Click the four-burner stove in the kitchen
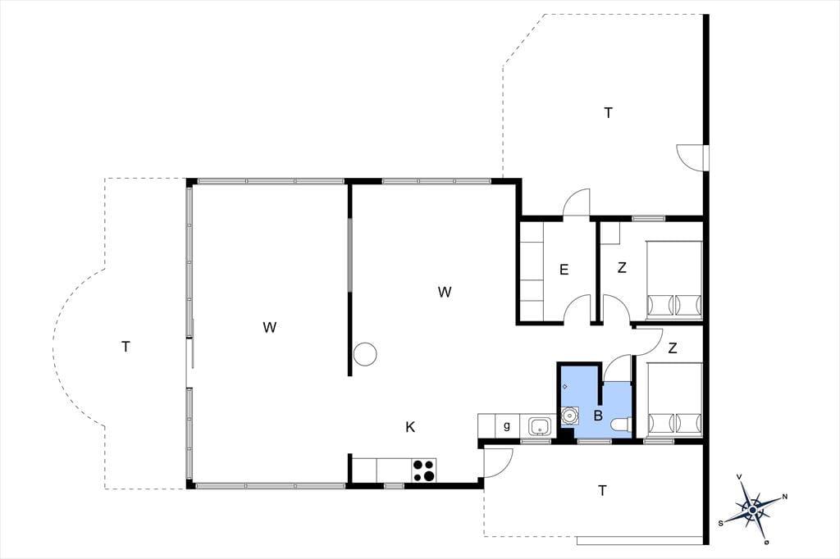[424, 470]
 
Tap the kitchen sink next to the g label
[540, 427]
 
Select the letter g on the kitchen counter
[507, 426]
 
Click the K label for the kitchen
[410, 427]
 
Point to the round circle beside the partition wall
[365, 354]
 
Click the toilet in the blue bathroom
[621, 425]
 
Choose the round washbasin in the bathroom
[569, 416]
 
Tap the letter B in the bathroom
[598, 415]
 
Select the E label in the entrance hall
[564, 270]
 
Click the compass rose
[752, 510]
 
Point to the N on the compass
[785, 497]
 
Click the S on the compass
[721, 523]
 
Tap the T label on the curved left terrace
[126, 347]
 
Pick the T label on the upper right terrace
[608, 113]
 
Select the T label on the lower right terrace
[603, 490]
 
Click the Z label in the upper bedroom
[622, 267]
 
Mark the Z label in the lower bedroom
[673, 348]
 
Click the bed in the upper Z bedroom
[674, 280]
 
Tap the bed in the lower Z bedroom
[674, 400]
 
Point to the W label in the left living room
[269, 326]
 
